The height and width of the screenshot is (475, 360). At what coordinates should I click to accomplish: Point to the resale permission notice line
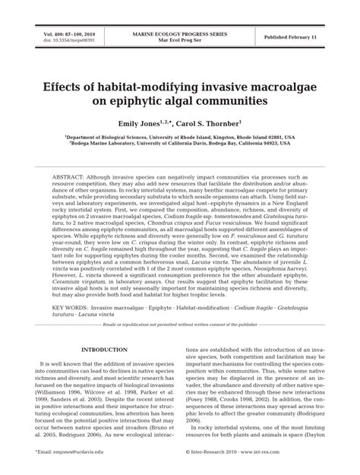click(x=180, y=324)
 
